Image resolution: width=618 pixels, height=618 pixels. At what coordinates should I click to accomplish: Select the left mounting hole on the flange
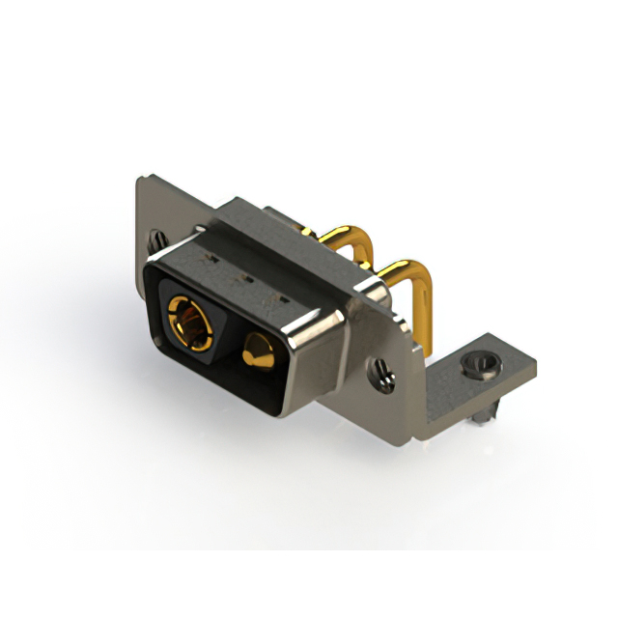[157, 237]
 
